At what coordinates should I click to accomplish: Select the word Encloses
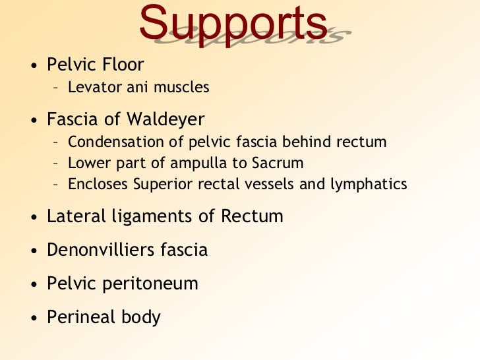pos(97,184)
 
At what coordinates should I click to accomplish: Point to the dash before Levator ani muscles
pos(56,87)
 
